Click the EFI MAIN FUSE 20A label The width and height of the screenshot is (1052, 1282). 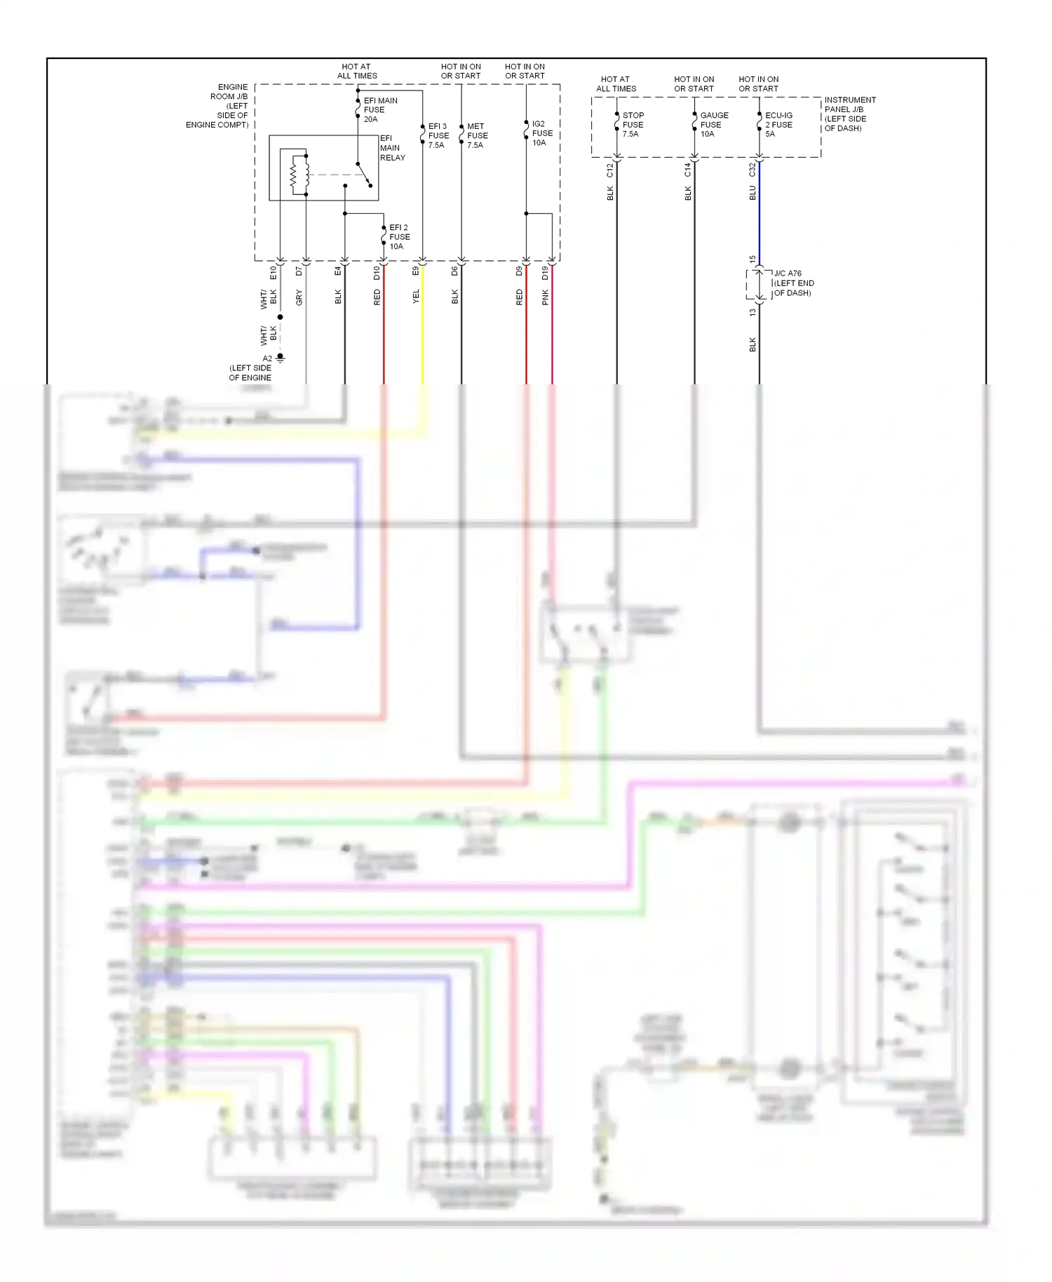pos(379,110)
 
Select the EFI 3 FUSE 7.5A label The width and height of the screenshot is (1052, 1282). pos(438,136)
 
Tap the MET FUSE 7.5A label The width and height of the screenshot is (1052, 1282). pos(477,136)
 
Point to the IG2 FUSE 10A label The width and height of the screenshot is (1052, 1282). pos(541,133)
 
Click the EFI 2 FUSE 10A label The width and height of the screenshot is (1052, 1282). pos(399,237)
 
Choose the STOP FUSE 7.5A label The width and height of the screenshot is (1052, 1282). pos(633,125)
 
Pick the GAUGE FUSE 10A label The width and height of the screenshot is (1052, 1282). pos(713,125)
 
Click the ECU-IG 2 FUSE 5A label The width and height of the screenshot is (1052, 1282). pos(778,125)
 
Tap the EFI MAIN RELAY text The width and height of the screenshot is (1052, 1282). pos(392,148)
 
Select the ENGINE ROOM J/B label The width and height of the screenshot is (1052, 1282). pos(218,106)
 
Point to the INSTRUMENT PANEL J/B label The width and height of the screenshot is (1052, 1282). pos(849,114)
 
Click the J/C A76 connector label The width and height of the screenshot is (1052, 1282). pos(793,283)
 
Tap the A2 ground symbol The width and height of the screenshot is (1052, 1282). pos(280,358)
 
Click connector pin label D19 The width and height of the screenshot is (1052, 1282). pos(546,273)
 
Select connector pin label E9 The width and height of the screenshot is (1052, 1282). pos(416,271)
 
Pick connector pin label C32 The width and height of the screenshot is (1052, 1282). pos(753,170)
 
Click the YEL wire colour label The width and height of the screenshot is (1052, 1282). pos(416,296)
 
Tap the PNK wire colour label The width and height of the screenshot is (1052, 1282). pos(546,297)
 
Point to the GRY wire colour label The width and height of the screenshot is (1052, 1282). pos(299,297)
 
